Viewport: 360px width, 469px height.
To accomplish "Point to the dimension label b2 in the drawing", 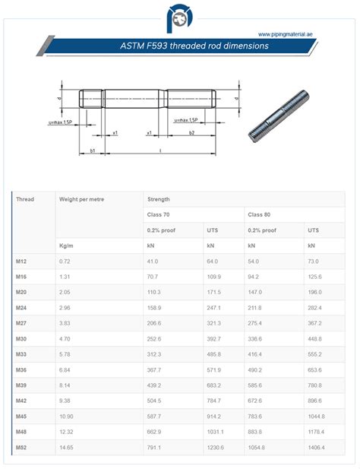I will point(191,132).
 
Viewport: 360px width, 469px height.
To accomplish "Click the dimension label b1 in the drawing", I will point(93,151).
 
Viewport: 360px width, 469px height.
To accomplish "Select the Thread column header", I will point(25,198).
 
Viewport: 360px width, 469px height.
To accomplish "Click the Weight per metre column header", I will point(81,198).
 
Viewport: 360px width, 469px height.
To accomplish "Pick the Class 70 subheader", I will point(159,214).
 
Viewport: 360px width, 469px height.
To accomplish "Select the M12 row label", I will point(21,261).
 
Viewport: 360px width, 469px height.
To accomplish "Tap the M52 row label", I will point(21,448).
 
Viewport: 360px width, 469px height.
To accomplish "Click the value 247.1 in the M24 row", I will point(214,308).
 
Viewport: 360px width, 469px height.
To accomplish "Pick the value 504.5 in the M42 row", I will point(156,401).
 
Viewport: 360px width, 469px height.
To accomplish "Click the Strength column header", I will point(159,198).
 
